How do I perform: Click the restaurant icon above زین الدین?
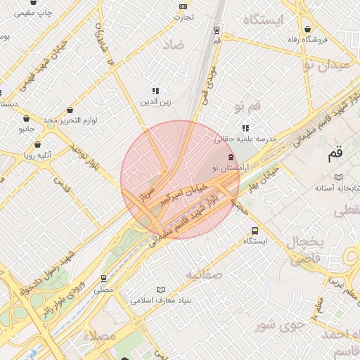point(155,91)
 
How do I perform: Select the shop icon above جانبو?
point(26,119)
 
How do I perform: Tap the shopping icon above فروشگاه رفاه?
point(309,28)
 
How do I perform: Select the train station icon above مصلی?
point(104,278)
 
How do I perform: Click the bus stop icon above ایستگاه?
point(255,231)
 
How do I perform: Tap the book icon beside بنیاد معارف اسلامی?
point(161,290)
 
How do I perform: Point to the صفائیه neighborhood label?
point(205,274)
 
